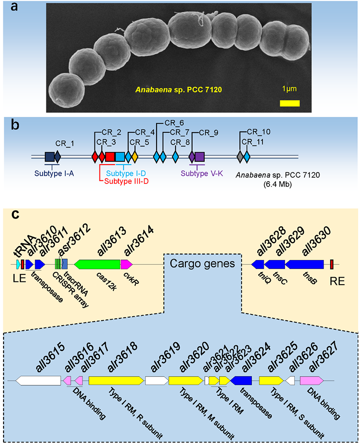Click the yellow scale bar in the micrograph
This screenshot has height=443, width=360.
click(290, 103)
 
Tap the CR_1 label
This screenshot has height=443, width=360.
click(64, 143)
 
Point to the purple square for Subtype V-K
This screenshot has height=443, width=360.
click(200, 157)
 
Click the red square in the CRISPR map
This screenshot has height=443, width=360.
click(111, 157)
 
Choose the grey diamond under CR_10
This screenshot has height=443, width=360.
click(240, 157)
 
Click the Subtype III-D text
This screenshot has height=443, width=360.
click(126, 182)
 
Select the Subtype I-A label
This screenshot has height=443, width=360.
click(52, 171)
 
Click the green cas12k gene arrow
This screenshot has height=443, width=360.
click(97, 264)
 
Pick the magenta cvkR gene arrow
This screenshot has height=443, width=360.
click(126, 264)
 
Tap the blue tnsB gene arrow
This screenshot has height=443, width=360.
click(304, 264)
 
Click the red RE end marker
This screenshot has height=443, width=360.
click(332, 264)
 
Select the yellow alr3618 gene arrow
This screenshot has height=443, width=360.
click(116, 380)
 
